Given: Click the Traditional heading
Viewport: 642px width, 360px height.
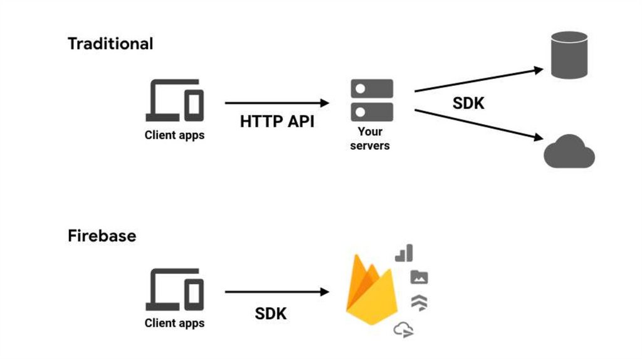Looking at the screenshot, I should [110, 44].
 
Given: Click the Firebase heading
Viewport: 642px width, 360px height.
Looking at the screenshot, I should [102, 236].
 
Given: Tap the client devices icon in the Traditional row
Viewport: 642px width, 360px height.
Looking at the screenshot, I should [175, 100].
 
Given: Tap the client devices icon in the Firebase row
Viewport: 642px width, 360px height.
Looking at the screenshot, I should [175, 289].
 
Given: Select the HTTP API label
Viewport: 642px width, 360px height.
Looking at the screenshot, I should [277, 122].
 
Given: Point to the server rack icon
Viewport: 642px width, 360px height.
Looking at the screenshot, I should [371, 100].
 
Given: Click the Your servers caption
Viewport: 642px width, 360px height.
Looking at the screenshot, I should [370, 139].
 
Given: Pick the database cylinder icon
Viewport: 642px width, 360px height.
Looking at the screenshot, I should [569, 55].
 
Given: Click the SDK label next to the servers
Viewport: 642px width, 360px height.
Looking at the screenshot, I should [468, 103].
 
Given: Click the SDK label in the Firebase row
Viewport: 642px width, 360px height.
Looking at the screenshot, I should [271, 313].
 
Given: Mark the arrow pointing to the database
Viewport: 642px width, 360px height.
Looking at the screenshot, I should [479, 80].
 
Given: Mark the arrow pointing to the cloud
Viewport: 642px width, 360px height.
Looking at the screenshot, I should [479, 125].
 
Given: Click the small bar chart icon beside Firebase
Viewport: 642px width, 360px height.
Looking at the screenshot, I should [404, 253].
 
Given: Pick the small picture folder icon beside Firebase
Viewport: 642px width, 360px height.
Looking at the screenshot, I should [419, 277].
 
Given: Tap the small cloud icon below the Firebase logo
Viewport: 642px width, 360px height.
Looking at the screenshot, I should [403, 329].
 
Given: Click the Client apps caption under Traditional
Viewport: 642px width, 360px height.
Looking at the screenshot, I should [174, 135].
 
